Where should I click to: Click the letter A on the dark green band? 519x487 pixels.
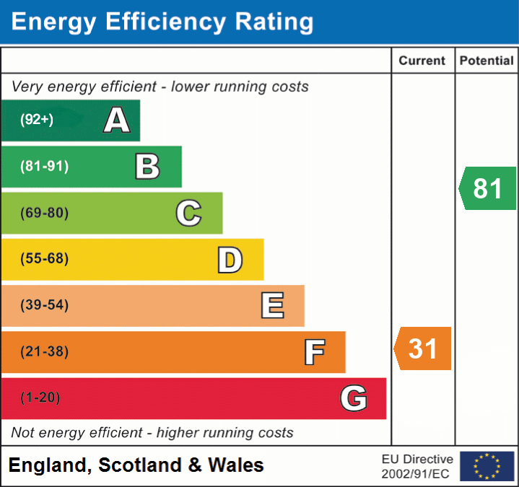point(117,120)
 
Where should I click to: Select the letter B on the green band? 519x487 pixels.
point(147,167)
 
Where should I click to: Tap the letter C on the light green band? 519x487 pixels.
point(188,213)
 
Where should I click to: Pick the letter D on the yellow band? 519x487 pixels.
point(230,260)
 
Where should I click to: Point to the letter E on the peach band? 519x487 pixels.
point(272,306)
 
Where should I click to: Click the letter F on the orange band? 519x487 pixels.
point(314,353)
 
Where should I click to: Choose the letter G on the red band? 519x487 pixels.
point(354,398)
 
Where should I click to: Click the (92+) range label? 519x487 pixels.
point(37,120)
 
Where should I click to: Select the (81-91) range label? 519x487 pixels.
point(45,167)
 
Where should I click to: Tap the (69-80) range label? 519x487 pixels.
point(45,213)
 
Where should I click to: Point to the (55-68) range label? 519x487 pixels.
point(45,259)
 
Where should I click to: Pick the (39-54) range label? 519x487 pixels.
point(45,305)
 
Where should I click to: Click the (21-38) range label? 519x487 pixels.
point(45,352)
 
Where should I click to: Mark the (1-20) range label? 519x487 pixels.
point(40,398)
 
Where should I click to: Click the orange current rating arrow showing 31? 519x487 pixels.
point(423,348)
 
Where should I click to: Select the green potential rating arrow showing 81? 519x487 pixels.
point(488,188)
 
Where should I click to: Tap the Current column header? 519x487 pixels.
point(423,61)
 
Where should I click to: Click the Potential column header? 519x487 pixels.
point(487,61)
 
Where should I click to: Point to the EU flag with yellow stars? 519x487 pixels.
point(487,466)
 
